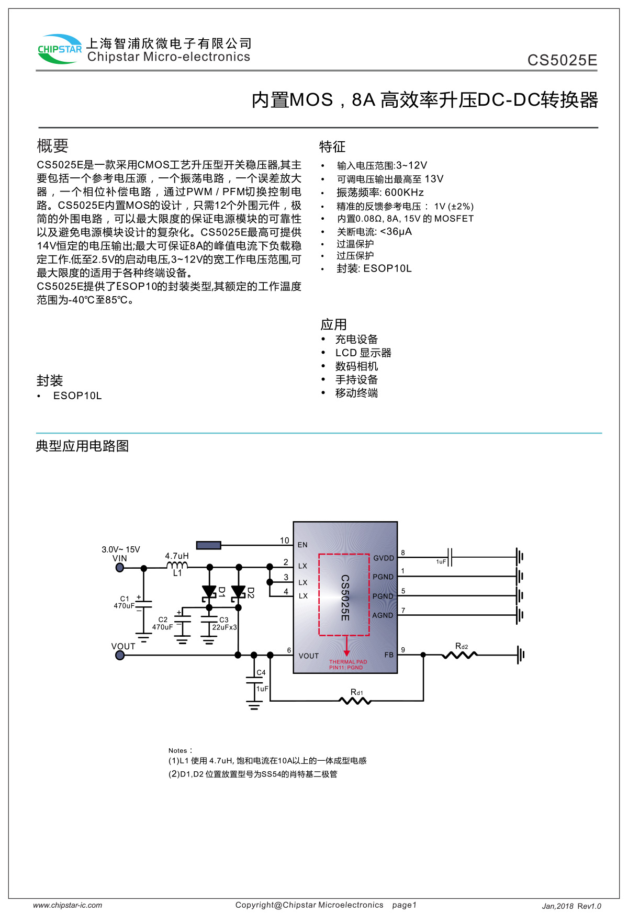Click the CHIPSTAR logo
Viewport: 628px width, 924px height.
pos(60,49)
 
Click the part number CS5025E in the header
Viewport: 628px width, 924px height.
pos(562,60)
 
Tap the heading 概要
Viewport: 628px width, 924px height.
pos(52,145)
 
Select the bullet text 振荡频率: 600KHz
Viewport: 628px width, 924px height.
pos(380,193)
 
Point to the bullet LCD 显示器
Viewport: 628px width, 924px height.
pos(363,353)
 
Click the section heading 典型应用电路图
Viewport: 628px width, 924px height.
pos(82,446)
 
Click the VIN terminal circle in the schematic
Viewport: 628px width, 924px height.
pos(120,567)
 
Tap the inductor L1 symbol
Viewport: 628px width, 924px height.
pos(177,566)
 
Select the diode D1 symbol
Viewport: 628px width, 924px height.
pos(209,592)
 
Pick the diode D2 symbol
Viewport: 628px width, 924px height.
pos(239,592)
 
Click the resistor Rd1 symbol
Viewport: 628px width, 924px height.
pos(356,700)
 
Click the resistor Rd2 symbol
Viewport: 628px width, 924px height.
pos(459,654)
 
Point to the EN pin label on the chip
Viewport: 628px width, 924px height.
pos(302,545)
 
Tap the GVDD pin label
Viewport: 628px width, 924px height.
pos(384,558)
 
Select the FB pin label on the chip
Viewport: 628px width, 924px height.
pos(389,655)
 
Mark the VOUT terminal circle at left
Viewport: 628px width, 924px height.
pos(120,655)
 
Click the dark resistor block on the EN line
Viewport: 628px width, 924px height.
pos(208,545)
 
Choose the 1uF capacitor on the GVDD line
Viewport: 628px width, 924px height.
pos(450,557)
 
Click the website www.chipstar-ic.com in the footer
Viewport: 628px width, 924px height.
pos(68,905)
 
